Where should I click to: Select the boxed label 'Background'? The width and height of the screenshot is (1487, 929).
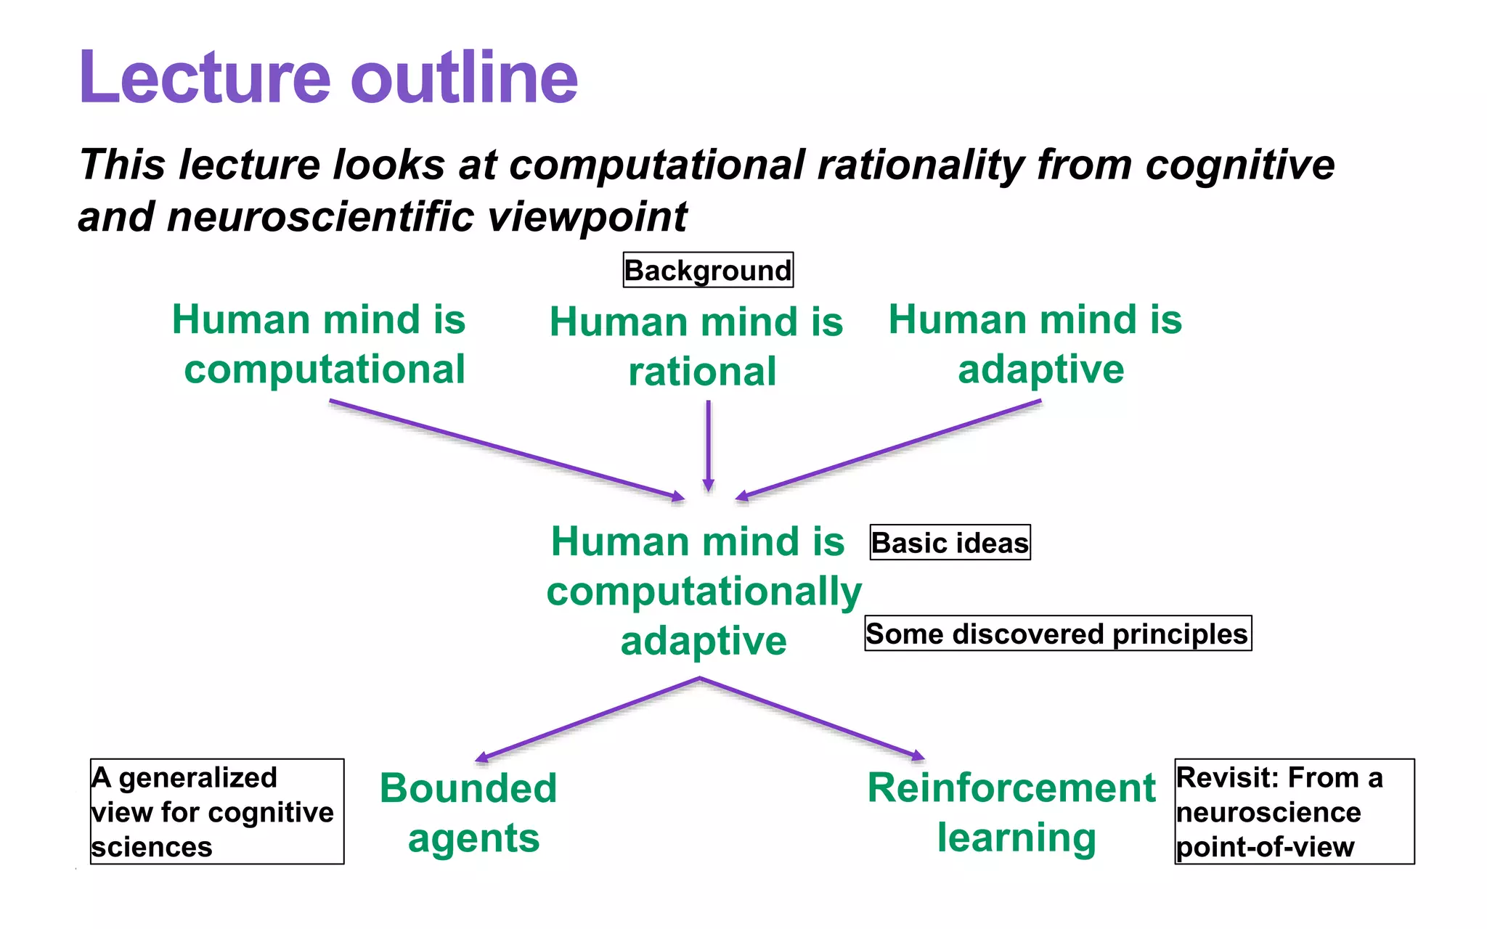(x=708, y=270)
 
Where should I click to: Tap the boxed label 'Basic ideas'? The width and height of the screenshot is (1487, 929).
(x=950, y=543)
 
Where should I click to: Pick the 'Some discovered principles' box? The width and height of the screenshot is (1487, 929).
(x=1057, y=634)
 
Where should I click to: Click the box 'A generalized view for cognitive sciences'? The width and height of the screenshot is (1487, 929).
(x=216, y=811)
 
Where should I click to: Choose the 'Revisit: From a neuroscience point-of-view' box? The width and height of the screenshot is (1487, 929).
(x=1294, y=811)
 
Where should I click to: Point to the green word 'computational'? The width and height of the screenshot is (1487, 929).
(x=324, y=369)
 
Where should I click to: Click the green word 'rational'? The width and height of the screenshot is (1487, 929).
(x=702, y=372)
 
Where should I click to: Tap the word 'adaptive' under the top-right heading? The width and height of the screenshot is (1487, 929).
(x=1040, y=369)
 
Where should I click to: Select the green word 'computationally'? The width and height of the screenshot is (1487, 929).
(x=704, y=592)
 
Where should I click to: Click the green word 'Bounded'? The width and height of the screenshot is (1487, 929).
(x=468, y=788)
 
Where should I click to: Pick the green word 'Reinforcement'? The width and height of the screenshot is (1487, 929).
(x=1011, y=788)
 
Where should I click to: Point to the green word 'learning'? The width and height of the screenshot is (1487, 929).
(x=1017, y=838)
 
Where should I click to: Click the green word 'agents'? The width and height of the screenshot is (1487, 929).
(x=473, y=838)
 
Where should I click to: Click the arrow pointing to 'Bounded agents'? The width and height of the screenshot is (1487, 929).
(x=588, y=719)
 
